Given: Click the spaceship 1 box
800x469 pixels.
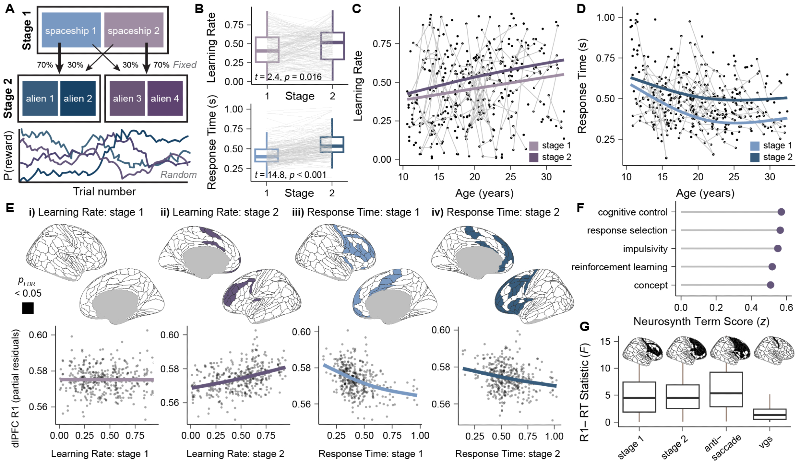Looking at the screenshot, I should click(71, 30).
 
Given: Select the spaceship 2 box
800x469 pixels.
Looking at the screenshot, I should click(134, 30).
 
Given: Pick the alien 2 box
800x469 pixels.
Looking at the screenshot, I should click(78, 98).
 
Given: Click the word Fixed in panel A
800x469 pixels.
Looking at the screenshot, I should click(184, 65).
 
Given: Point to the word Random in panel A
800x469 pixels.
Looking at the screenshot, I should click(178, 175).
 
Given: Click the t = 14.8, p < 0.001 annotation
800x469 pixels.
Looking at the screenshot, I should click(290, 175).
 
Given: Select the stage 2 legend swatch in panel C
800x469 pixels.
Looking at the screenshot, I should click(534, 157).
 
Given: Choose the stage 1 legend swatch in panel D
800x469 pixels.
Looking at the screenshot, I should click(754, 146).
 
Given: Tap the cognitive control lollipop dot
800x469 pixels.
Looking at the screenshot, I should click(781, 212).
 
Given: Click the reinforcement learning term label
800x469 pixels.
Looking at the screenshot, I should click(619, 267).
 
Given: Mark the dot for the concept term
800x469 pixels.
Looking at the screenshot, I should click(770, 285).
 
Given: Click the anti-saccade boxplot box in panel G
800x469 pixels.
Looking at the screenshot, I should click(726, 389).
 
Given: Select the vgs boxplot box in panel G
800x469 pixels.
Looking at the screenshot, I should click(770, 414).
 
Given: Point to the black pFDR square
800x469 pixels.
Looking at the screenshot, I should click(28, 308).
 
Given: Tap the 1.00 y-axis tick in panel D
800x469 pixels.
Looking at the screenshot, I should click(605, 18).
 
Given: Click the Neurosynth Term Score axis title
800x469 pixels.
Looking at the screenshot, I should click(701, 321).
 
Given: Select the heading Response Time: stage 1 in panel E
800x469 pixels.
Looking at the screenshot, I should click(356, 212).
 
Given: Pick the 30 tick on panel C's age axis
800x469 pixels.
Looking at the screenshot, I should click(546, 177).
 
